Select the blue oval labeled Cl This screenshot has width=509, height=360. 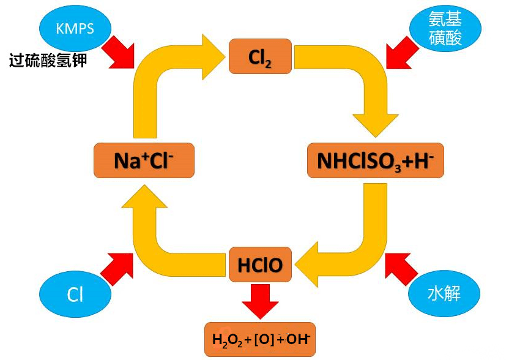[75, 295]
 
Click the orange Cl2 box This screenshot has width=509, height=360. [260, 56]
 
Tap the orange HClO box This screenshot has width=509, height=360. [260, 264]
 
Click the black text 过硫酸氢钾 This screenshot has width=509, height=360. [48, 61]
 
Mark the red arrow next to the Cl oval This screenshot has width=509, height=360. [117, 268]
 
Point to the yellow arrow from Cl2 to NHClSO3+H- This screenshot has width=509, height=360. [361, 86]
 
